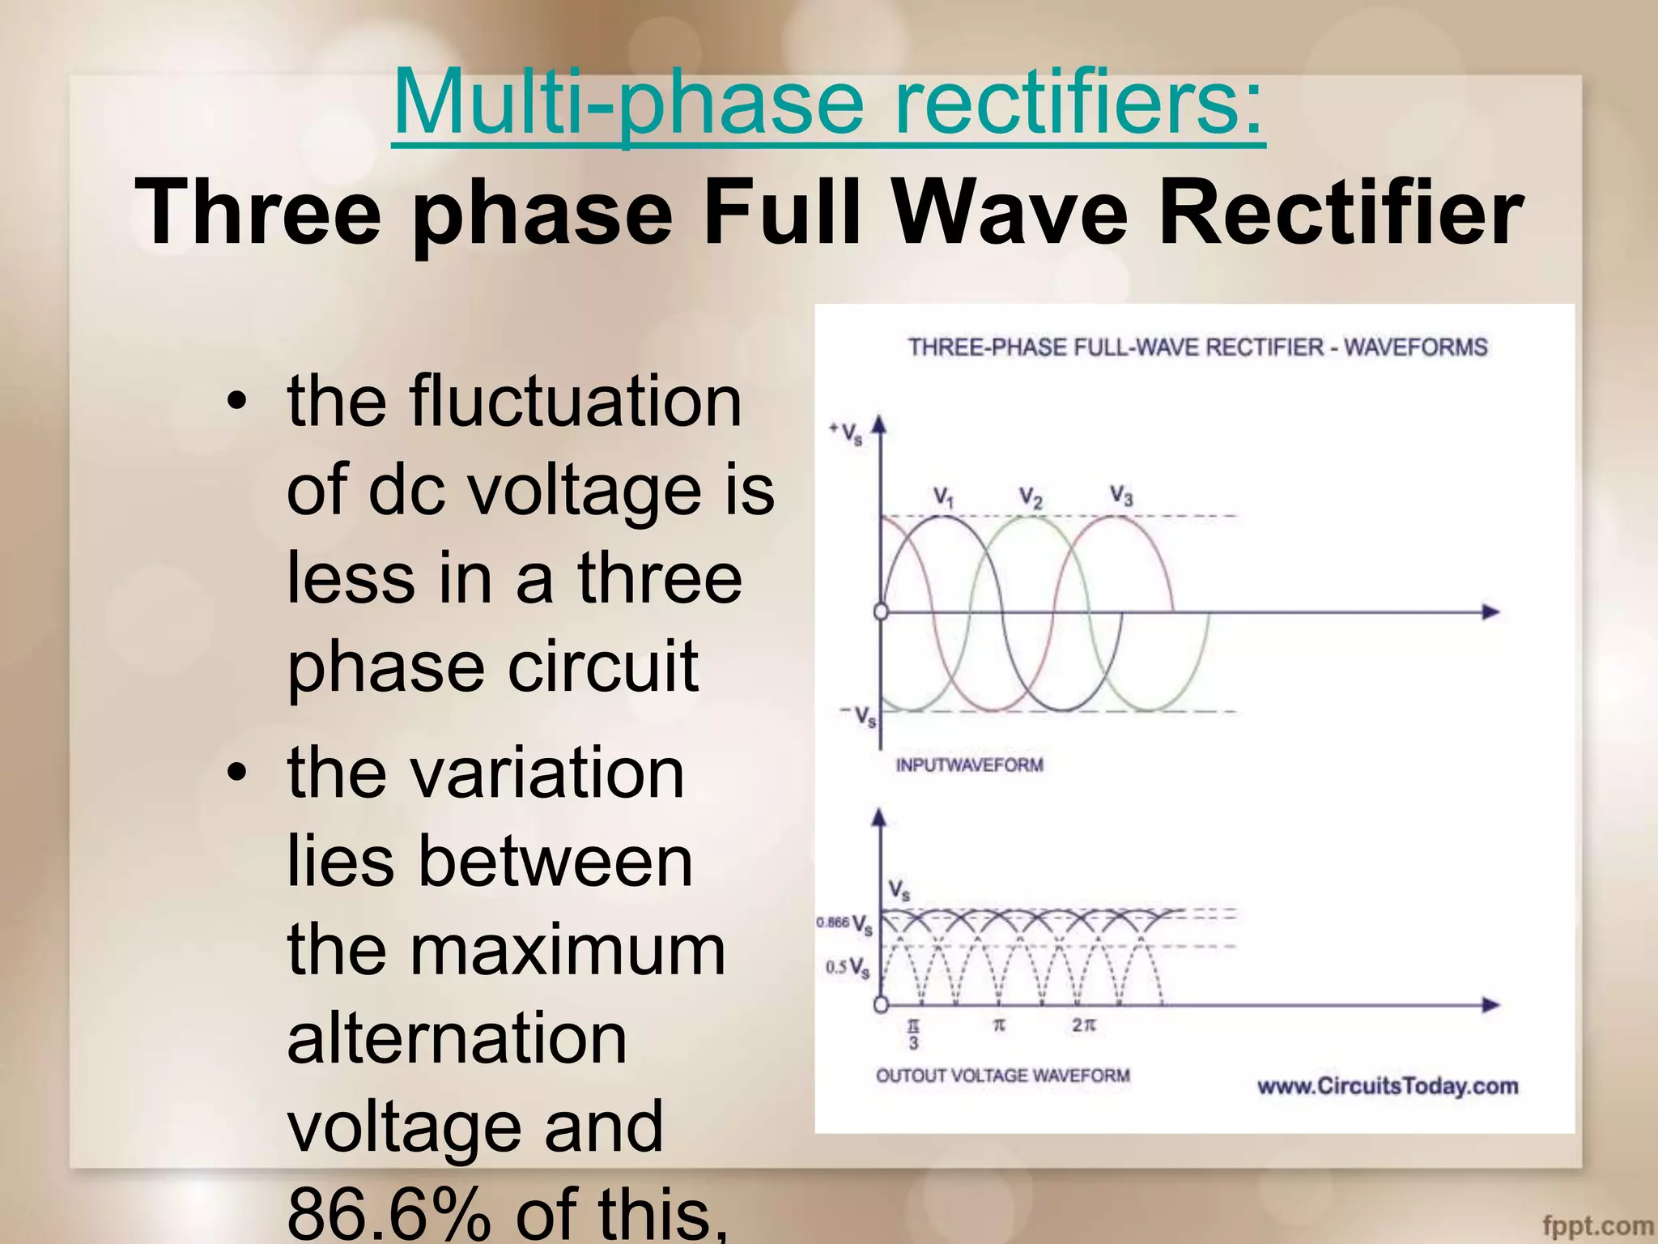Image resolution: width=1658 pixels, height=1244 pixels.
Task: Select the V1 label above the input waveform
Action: coord(943,496)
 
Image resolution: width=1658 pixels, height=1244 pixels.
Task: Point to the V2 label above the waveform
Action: coord(1030,496)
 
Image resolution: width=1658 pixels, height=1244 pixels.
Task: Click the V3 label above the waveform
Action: coord(1121,494)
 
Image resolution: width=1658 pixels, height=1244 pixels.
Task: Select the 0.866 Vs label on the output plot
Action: coord(844,924)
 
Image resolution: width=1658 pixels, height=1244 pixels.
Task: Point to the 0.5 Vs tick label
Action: coord(848,968)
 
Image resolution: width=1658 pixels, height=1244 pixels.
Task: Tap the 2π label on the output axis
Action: coord(1083,1025)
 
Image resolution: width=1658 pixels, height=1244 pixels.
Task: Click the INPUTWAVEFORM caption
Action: coord(969,765)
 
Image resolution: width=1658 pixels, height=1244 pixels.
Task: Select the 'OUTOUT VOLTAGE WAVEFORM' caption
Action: coord(1002,1076)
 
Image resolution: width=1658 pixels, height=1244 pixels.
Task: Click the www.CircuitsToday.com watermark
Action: coord(1387,1086)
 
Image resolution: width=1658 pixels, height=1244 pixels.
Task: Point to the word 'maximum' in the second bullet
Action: coord(567,949)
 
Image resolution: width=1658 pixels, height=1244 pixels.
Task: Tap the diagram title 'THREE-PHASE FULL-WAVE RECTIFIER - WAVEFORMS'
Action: coord(1197,347)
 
